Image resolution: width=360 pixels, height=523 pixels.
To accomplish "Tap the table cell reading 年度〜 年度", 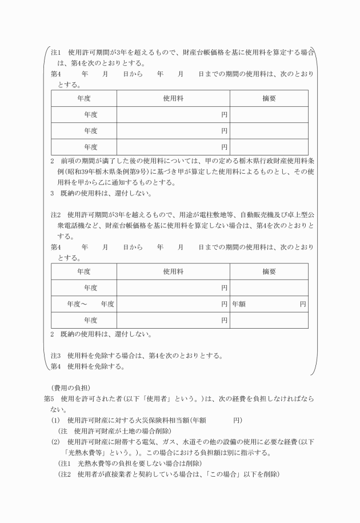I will click(x=83, y=304).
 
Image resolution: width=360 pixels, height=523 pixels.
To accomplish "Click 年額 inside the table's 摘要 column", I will click(x=239, y=304).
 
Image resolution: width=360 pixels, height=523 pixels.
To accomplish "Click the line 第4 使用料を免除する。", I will click(x=87, y=366).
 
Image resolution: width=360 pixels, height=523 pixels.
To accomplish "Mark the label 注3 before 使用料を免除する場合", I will click(x=56, y=356).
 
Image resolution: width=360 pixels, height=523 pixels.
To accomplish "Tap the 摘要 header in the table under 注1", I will click(x=269, y=98).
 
